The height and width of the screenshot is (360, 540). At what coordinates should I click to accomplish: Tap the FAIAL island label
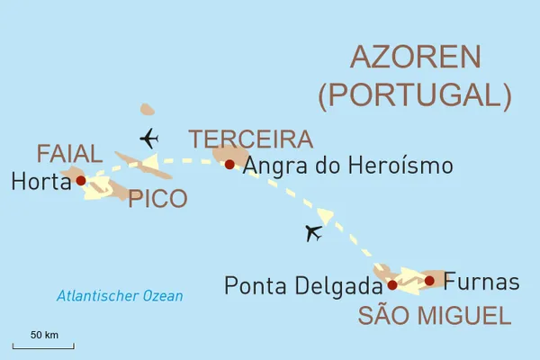pyautogui.click(x=70, y=153)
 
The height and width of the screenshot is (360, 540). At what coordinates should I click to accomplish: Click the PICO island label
pyautogui.click(x=157, y=199)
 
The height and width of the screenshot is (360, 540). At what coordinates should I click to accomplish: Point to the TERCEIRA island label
pyautogui.click(x=250, y=139)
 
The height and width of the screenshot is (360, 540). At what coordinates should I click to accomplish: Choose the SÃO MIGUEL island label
pyautogui.click(x=434, y=316)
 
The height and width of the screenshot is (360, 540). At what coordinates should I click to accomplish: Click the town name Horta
pyautogui.click(x=40, y=182)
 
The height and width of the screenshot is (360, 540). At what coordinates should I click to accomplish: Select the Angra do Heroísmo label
pyautogui.click(x=347, y=166)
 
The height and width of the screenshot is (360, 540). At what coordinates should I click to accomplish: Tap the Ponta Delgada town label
pyautogui.click(x=303, y=286)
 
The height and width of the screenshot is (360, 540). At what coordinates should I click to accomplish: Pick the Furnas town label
pyautogui.click(x=481, y=282)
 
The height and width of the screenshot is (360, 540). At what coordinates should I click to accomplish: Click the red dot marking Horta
pyautogui.click(x=81, y=180)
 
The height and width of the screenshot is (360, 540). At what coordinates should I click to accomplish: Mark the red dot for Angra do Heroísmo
pyautogui.click(x=229, y=164)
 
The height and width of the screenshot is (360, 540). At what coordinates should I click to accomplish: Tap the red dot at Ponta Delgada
pyautogui.click(x=392, y=285)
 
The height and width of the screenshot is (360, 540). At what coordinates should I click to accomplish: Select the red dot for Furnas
pyautogui.click(x=429, y=281)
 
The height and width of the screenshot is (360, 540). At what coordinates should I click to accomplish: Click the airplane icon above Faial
pyautogui.click(x=148, y=139)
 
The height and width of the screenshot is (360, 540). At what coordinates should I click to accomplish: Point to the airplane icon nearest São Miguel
pyautogui.click(x=313, y=233)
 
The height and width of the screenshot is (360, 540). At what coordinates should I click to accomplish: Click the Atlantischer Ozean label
pyautogui.click(x=119, y=296)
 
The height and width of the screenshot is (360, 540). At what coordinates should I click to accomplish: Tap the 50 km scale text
pyautogui.click(x=44, y=335)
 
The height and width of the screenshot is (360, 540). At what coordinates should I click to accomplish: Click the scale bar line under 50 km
pyautogui.click(x=43, y=346)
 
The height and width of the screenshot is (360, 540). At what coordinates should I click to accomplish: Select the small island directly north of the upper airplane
pyautogui.click(x=148, y=110)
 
